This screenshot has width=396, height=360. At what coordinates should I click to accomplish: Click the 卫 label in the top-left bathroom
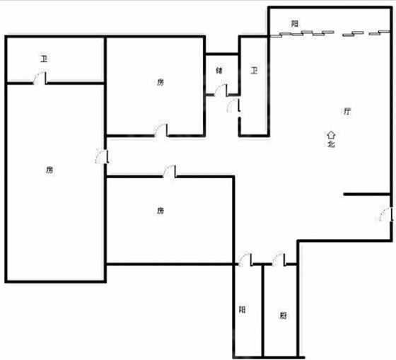(44, 59)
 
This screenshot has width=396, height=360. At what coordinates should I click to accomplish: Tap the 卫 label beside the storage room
(254, 70)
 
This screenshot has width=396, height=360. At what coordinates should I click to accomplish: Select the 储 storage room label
(219, 70)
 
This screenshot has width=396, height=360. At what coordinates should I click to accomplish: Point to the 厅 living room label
(347, 111)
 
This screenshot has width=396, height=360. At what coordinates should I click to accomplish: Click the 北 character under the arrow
(331, 144)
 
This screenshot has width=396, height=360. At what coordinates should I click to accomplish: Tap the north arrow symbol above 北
(331, 134)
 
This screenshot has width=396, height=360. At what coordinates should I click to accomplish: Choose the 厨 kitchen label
(283, 315)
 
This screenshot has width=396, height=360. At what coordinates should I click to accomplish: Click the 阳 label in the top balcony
(294, 24)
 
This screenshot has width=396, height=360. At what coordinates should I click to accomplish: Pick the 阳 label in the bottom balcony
(242, 310)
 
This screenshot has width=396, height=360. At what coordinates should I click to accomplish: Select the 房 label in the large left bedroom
(49, 170)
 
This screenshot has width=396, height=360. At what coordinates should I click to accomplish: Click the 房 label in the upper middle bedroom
(161, 82)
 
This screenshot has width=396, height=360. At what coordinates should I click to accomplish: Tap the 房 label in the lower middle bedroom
(161, 211)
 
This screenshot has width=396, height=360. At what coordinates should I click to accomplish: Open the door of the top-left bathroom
(40, 78)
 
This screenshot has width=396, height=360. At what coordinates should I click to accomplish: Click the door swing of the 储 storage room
(221, 90)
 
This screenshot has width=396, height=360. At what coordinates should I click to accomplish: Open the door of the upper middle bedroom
(161, 130)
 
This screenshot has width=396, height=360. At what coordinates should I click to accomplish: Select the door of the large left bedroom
(103, 156)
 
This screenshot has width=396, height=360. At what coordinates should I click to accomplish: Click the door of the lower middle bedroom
(170, 171)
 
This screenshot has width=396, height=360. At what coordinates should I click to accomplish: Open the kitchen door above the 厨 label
(279, 259)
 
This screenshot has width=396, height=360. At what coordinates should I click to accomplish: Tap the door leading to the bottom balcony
(245, 259)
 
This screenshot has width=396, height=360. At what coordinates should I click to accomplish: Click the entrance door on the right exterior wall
(386, 214)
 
